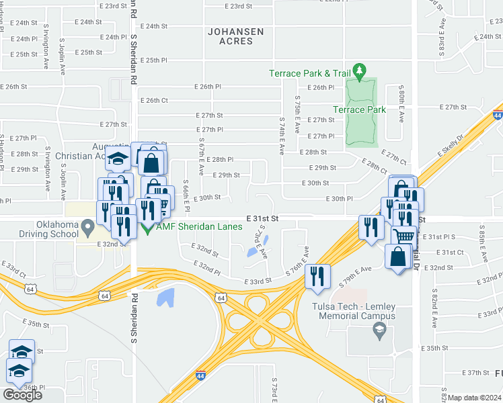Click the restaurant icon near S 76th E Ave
pos(316,276)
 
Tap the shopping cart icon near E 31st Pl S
pos(403,236)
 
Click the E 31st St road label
pos(262,219)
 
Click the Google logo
pos(22,394)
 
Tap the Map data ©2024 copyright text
pos(475,398)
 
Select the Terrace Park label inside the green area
pos(360,109)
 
